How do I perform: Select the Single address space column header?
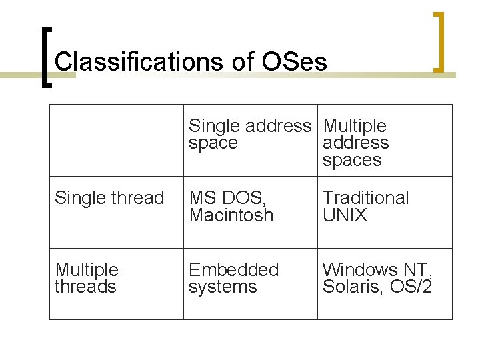(x=249, y=134)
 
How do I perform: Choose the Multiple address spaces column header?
(x=355, y=143)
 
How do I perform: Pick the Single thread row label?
(x=109, y=198)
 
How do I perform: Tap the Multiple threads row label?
(x=87, y=278)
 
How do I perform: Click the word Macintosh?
(x=231, y=215)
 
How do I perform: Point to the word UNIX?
(x=345, y=215)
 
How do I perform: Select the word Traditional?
(x=365, y=198)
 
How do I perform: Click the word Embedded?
(x=233, y=270)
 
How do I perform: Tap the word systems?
(x=223, y=287)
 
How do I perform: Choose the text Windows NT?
(x=377, y=270)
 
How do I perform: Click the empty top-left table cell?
(x=117, y=141)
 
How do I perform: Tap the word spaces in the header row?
(x=352, y=161)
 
